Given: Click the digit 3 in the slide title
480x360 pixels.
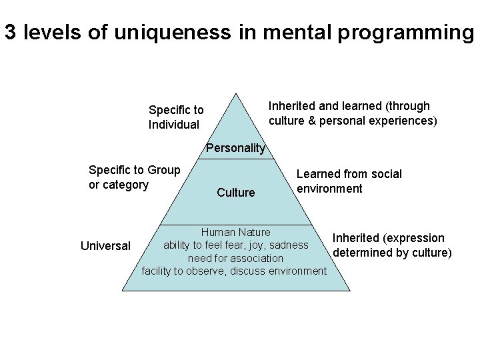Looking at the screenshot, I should click(x=10, y=33).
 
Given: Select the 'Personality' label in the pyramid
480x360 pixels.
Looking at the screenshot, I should click(x=235, y=148).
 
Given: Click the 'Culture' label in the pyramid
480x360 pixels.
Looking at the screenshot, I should click(x=235, y=193).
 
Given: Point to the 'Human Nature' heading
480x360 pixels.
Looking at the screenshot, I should click(x=235, y=232).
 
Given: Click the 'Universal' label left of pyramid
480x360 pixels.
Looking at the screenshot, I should click(x=105, y=246).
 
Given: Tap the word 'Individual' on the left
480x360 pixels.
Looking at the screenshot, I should click(x=173, y=125).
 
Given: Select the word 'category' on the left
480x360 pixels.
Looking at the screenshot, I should click(x=126, y=184).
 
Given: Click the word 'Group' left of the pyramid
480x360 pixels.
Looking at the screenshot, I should click(x=163, y=169).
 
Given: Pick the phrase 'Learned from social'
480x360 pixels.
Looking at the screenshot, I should click(x=349, y=174).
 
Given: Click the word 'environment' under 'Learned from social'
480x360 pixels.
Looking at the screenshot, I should click(x=329, y=189).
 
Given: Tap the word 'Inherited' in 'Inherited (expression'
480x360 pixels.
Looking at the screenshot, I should click(x=356, y=238).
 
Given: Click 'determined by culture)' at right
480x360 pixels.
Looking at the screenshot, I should click(x=392, y=253).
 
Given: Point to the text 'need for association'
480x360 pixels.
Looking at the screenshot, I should click(x=235, y=258).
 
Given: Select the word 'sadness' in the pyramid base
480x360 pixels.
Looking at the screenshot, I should click(x=290, y=245).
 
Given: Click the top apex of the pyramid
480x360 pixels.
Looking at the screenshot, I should click(x=236, y=93).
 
